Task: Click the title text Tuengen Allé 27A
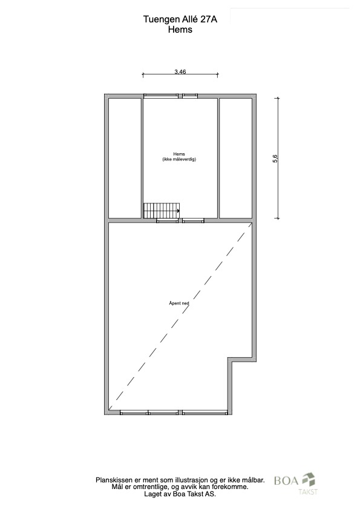pos(180,19)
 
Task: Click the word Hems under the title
pos(180,30)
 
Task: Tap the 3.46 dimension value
pos(180,72)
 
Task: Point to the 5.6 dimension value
pos(275,159)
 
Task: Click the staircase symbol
pos(162,211)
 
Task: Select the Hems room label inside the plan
pos(179,154)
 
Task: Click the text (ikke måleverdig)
pos(179,159)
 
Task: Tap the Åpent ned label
pos(179,303)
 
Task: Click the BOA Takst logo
pos(296,484)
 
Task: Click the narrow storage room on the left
pos(125,158)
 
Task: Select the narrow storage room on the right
pos(236,158)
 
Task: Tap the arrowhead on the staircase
pos(178,211)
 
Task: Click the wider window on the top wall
pos(161,96)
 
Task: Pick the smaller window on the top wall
pos(190,96)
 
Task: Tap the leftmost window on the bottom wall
pos(134,413)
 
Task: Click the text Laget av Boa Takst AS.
pos(180,494)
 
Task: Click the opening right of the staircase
pos(193,221)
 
